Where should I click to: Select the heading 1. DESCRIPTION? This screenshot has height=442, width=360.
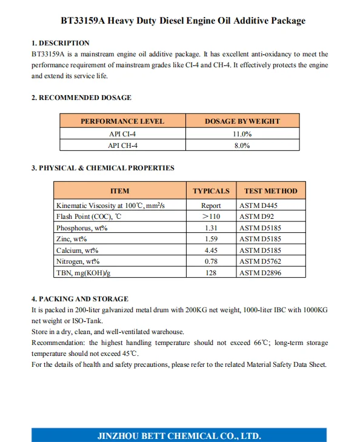[x=60, y=43]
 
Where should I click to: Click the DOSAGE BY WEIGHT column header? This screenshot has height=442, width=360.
[x=242, y=121]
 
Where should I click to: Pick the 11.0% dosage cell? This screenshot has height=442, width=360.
[x=242, y=134]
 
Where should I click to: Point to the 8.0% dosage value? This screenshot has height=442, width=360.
[x=242, y=146]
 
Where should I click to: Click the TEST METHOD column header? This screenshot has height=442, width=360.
[x=270, y=190]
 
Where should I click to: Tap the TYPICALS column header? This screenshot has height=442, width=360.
[x=211, y=190]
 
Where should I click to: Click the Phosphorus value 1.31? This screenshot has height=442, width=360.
[x=211, y=228]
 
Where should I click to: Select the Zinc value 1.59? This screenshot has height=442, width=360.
[x=211, y=239]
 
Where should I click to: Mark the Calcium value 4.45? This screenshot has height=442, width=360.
[x=211, y=250]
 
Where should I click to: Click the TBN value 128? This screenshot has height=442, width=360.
[x=211, y=273]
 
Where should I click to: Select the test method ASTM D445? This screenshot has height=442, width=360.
[x=259, y=206]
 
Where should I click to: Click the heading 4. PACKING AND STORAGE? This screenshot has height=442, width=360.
[x=79, y=298]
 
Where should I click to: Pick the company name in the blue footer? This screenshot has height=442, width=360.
[x=179, y=435]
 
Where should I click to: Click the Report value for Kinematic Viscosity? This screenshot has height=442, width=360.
[x=211, y=206]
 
